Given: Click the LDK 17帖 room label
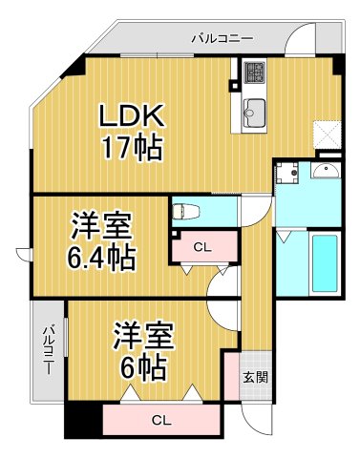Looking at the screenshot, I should point(133,133).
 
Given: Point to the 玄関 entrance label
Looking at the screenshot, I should point(255,376).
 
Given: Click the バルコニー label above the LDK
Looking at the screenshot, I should point(222,39).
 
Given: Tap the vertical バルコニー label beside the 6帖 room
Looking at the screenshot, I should point(48,349).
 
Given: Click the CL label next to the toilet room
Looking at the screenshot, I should point(201,247).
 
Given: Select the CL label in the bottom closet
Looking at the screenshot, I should point(159,419).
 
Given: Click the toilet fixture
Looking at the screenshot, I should point(186,213).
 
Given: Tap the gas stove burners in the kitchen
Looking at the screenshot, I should point(254,71).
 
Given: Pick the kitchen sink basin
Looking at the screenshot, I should point(254,108).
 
